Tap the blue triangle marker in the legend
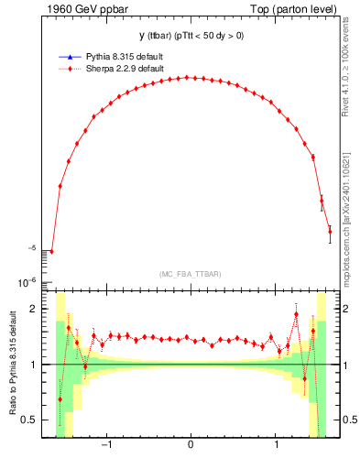(x=70, y=57)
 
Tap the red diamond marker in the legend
(x=70, y=68)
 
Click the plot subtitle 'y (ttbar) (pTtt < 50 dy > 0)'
(x=190, y=36)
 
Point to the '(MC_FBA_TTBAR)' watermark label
(x=190, y=275)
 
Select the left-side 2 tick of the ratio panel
(x=35, y=309)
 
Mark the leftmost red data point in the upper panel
(x=51, y=251)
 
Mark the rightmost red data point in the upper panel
(x=330, y=231)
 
